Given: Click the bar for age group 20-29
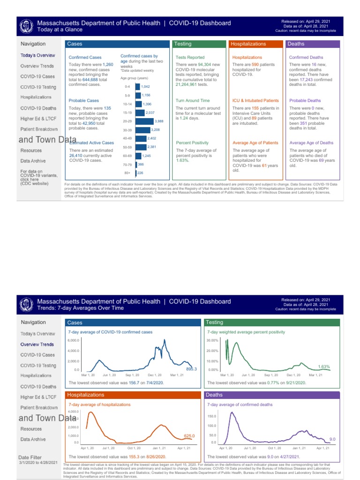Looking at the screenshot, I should coord(144,121).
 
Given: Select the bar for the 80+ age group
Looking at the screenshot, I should coord(136,173).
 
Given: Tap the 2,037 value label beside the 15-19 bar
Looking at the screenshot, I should coord(150,112).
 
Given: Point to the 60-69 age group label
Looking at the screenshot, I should coord(127,156).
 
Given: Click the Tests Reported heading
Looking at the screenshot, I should coord(190,57).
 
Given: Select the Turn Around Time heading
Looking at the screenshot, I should coord(192,100).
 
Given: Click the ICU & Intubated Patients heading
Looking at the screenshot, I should coord(255,100).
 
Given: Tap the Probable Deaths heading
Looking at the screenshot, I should coord(305,100).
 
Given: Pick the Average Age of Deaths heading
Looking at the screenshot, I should coord(311,142).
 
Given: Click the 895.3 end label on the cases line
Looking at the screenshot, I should coord(191,369).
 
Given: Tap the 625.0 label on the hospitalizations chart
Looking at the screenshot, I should coord(189,436).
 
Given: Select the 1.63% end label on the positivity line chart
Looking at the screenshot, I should coord(324,366).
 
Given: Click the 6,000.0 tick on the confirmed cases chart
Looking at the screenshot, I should coord(73,340).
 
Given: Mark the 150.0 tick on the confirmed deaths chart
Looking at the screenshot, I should coord(212,416).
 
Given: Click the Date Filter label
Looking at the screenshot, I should coord(30,457).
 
